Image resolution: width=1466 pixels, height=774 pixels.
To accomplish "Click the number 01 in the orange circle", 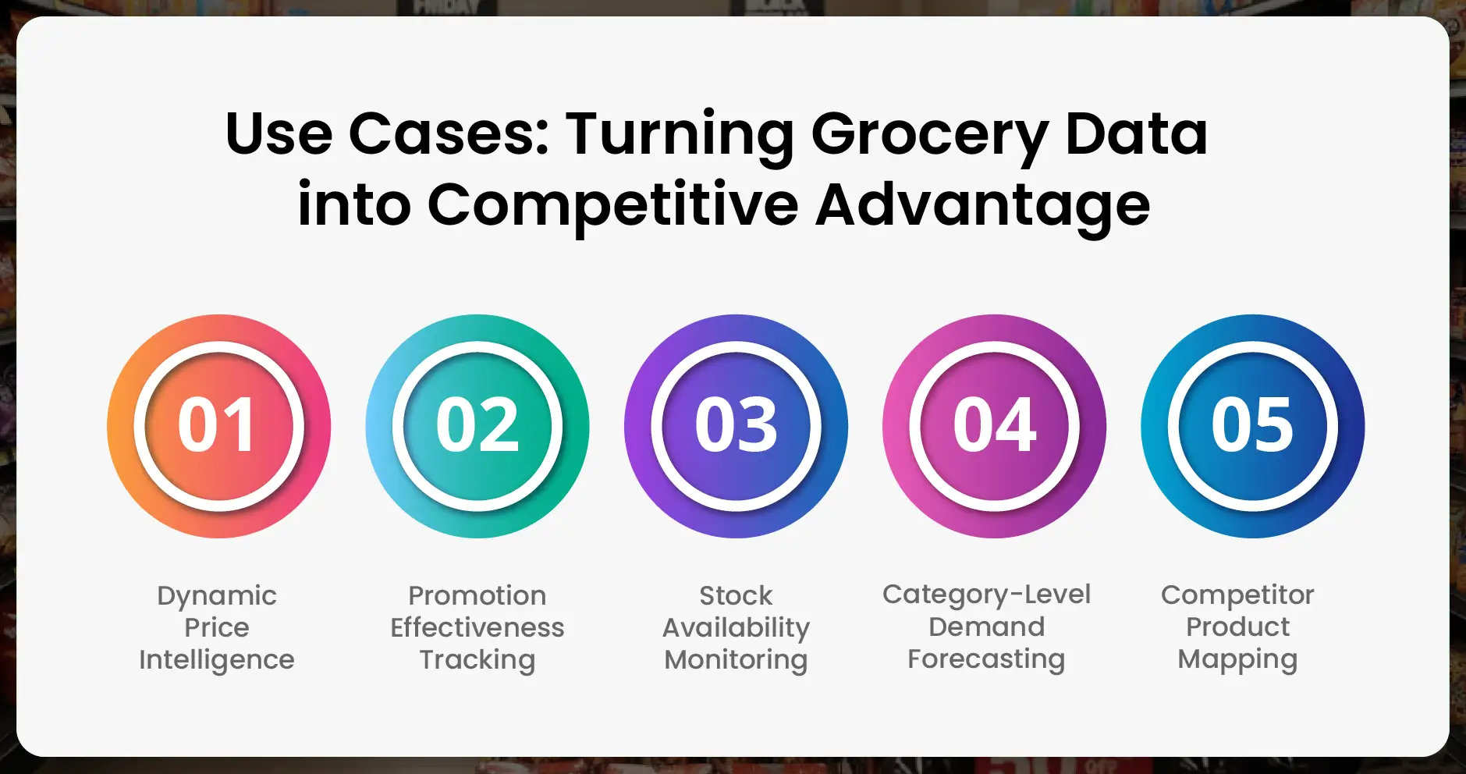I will [217, 425].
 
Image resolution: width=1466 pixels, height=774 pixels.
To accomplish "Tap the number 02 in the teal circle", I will [477, 425].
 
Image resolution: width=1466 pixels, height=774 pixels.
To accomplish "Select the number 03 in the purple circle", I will [736, 425].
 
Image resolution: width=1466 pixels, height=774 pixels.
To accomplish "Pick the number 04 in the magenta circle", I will [994, 425].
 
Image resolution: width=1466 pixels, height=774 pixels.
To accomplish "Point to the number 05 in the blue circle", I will [1252, 425].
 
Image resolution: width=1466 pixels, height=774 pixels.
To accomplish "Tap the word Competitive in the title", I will [612, 205].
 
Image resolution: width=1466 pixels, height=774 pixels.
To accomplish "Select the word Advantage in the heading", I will [982, 205].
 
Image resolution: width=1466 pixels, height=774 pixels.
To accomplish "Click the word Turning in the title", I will [680, 134].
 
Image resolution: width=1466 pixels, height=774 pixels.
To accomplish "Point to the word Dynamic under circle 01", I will [217, 596].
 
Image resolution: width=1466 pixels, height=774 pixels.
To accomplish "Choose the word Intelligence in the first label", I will [217, 660].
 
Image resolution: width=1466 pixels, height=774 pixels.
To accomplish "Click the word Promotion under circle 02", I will [477, 596].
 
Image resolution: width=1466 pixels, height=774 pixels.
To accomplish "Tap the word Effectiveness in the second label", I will [477, 627].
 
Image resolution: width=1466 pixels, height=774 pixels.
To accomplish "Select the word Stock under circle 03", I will [736, 596].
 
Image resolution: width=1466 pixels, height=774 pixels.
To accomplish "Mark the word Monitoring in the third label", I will [736, 660].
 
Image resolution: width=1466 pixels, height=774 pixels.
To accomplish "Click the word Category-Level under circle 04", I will [986, 595].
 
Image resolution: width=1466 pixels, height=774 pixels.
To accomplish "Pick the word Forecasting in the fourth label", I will [986, 659].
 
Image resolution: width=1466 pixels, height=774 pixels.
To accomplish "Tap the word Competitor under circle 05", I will [1237, 595].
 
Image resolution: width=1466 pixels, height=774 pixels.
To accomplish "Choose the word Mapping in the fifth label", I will [1237, 659].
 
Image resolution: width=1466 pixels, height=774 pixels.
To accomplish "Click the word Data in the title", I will [1136, 134].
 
